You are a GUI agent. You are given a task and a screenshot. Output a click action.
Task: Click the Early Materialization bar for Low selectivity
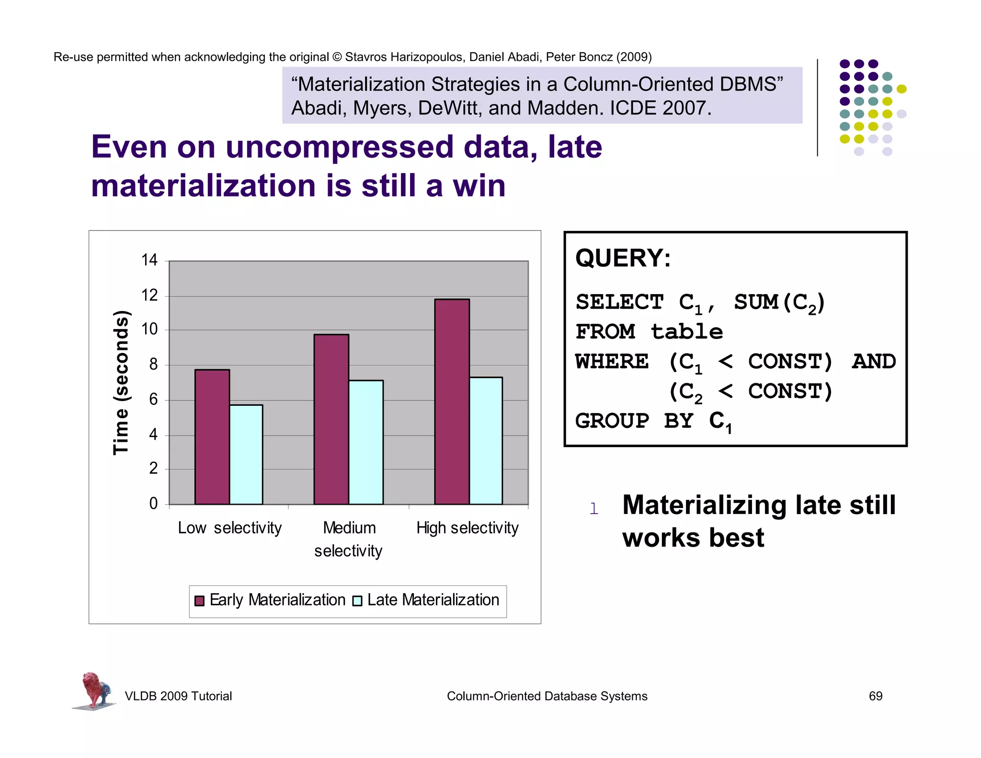(212, 436)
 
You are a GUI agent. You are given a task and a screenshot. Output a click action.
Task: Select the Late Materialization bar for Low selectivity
(246, 454)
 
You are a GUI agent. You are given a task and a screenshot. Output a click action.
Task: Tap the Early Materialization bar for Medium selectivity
(331, 419)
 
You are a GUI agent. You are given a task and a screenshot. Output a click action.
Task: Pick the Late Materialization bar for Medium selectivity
(366, 442)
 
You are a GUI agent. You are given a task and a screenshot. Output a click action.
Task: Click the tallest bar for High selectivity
(452, 402)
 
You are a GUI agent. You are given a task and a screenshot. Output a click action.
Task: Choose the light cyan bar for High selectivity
(486, 440)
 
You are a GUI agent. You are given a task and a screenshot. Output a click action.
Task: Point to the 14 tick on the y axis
(149, 260)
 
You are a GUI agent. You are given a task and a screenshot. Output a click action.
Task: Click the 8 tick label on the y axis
(153, 365)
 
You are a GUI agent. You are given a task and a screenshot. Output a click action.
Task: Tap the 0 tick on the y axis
(153, 504)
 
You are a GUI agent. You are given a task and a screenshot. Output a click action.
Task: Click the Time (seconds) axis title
(121, 382)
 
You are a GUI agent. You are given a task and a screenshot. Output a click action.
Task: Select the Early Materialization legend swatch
(200, 601)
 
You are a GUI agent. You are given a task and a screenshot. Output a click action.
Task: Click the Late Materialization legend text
(433, 600)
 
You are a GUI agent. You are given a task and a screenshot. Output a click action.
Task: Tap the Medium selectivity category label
(349, 539)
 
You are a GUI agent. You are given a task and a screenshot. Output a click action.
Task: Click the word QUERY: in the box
(623, 258)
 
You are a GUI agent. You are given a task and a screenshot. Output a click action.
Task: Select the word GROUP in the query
(612, 421)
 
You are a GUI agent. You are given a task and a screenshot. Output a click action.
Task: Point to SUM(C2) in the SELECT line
(779, 303)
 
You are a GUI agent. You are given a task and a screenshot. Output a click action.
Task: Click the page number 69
(875, 696)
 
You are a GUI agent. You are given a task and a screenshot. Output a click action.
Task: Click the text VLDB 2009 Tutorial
(178, 696)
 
